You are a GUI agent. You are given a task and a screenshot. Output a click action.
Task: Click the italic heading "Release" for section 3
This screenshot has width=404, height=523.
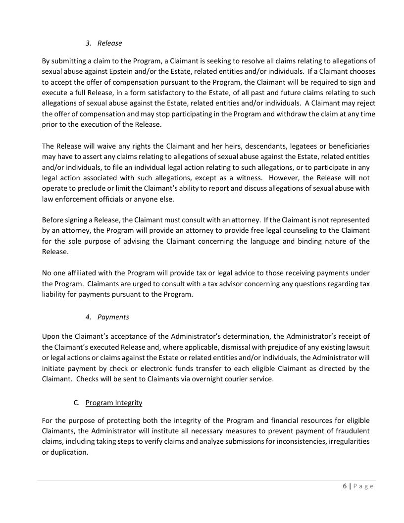tap(109, 43)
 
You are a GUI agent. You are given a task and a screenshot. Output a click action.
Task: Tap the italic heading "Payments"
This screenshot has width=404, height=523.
tap(113, 317)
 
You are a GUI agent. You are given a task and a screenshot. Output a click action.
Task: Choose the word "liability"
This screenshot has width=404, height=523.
tap(54, 294)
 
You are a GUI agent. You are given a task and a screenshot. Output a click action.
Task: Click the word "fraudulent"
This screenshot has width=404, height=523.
tap(351, 431)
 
